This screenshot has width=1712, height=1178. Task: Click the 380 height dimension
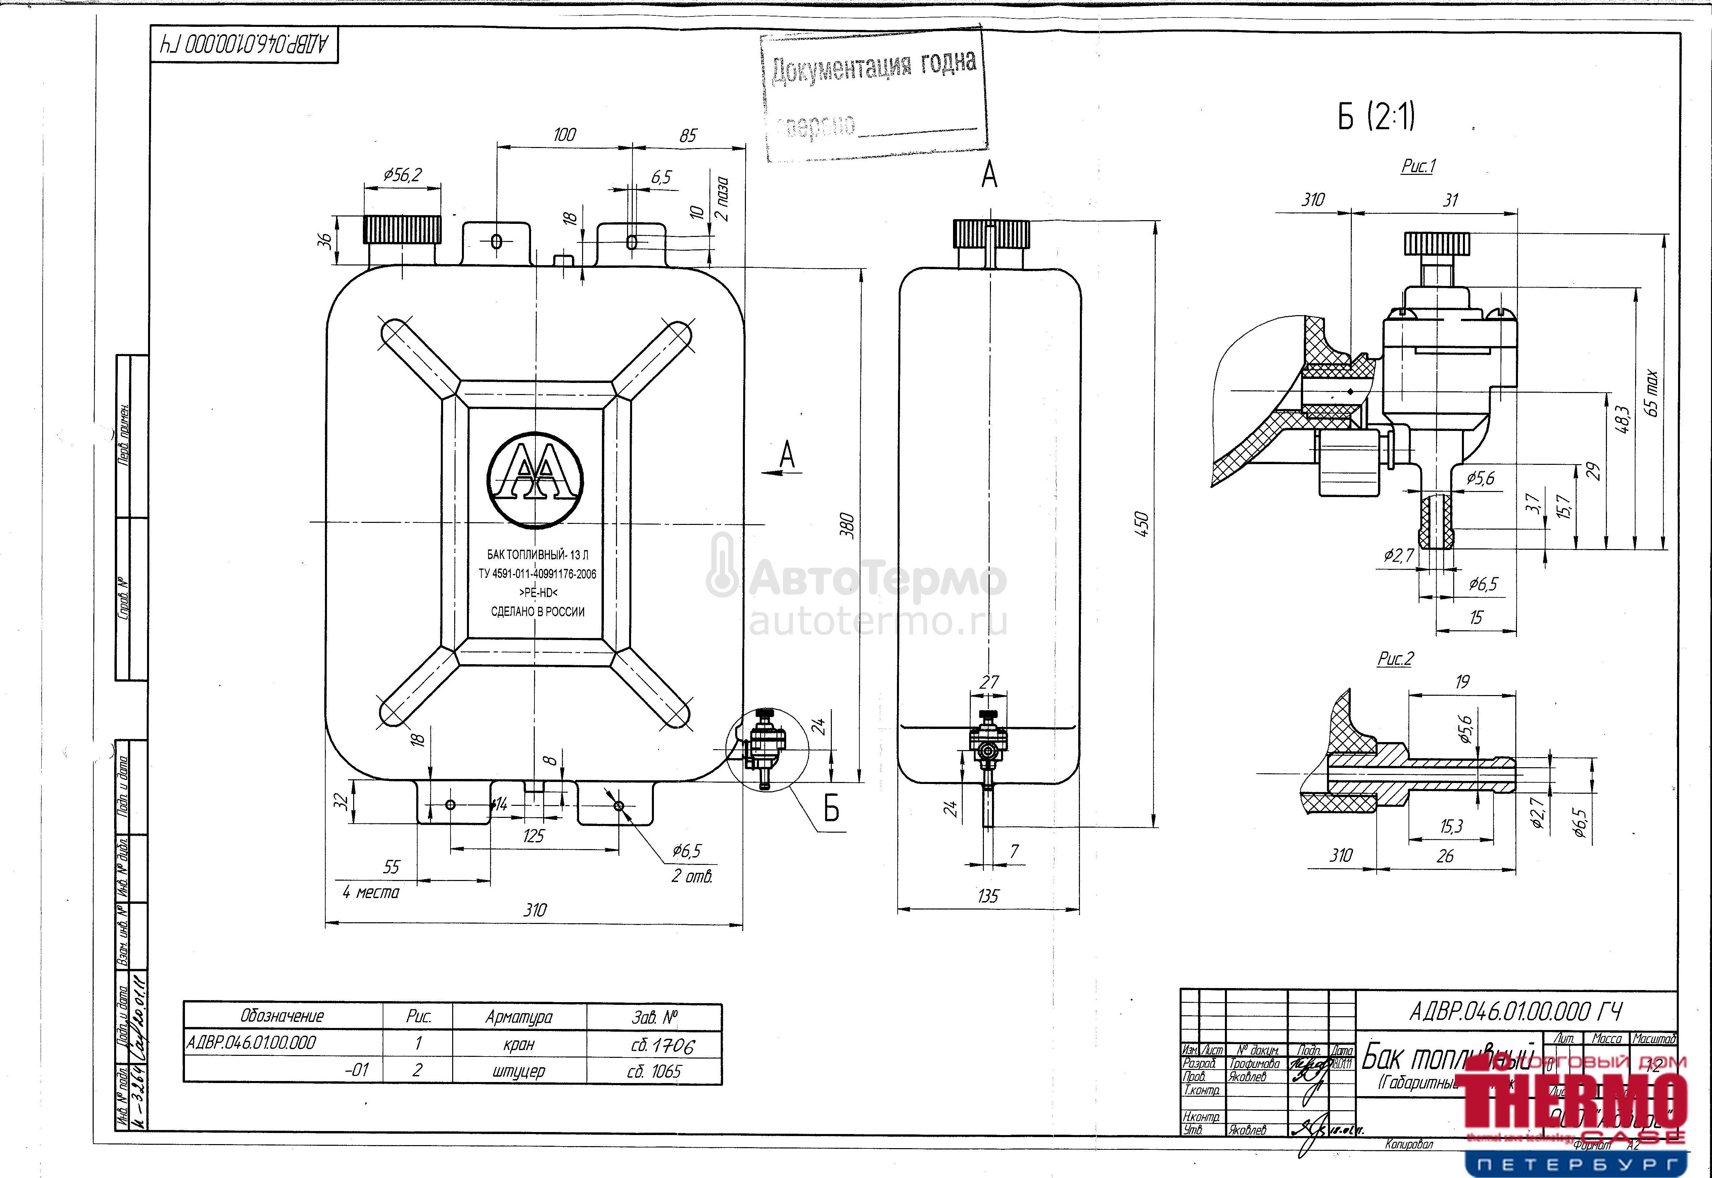[848, 526]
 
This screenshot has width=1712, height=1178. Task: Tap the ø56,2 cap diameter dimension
[402, 175]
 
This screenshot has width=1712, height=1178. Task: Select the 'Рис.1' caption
[1418, 166]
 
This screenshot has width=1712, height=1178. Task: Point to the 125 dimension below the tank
[533, 836]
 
